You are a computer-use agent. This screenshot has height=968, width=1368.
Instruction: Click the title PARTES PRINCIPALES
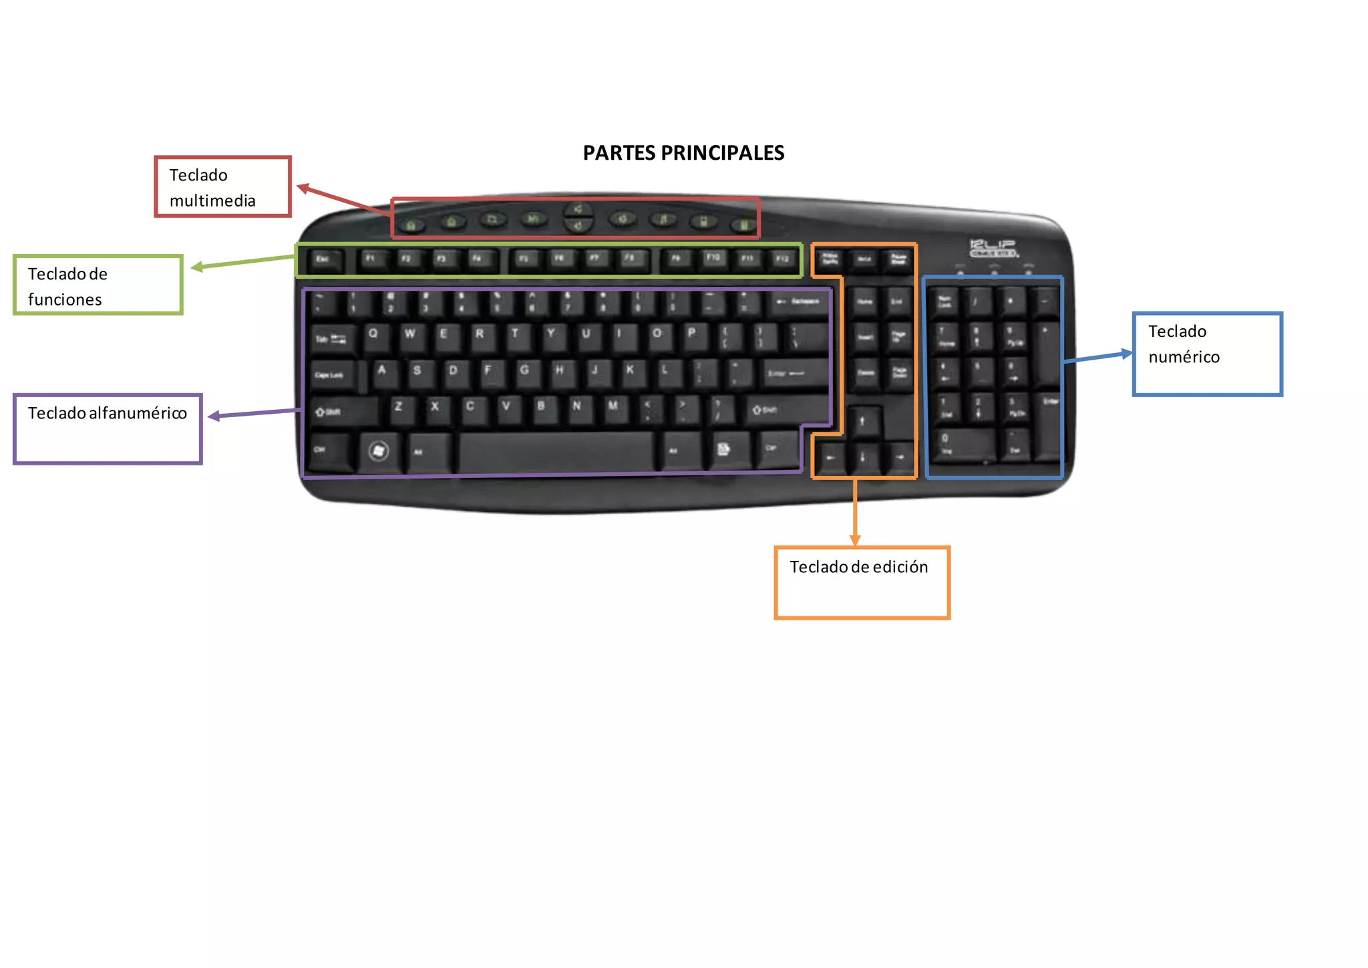[x=683, y=153]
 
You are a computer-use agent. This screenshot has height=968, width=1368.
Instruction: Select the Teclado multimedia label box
[x=222, y=187]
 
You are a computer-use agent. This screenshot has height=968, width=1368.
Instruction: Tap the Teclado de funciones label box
[x=98, y=285]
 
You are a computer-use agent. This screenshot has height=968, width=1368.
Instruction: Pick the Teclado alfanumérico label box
[x=108, y=429]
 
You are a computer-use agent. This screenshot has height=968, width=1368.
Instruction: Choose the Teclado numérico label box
[x=1207, y=354]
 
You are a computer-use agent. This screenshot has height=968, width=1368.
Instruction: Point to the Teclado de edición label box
[x=862, y=582]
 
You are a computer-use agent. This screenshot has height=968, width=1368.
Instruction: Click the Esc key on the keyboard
[x=323, y=259]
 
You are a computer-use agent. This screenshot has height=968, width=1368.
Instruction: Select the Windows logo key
[x=378, y=451]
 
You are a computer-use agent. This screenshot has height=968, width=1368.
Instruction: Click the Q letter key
[x=373, y=335]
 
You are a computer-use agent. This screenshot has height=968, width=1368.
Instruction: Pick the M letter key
[x=613, y=408]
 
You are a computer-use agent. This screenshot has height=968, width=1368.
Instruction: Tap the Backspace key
[x=798, y=303]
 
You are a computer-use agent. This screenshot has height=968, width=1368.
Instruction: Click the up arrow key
[x=862, y=421]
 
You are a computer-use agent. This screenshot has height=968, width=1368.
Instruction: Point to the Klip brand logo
[x=993, y=248]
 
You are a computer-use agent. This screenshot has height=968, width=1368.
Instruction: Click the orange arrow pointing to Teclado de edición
[x=855, y=511]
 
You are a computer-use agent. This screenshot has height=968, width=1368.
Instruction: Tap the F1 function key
[x=371, y=259]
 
